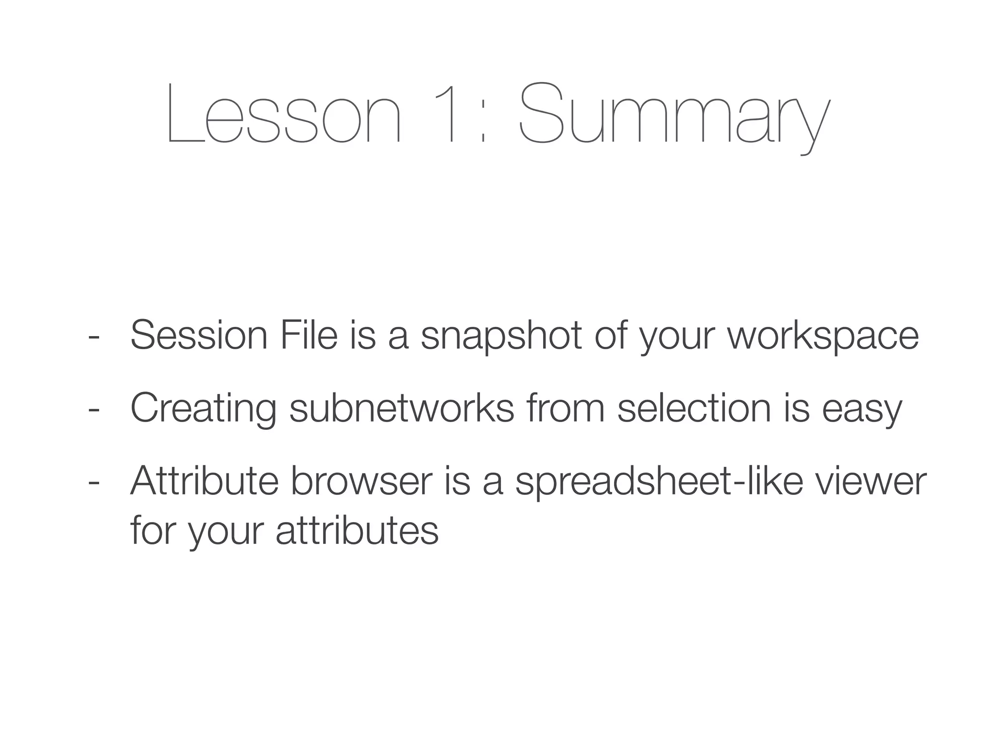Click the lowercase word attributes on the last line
(x=357, y=530)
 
